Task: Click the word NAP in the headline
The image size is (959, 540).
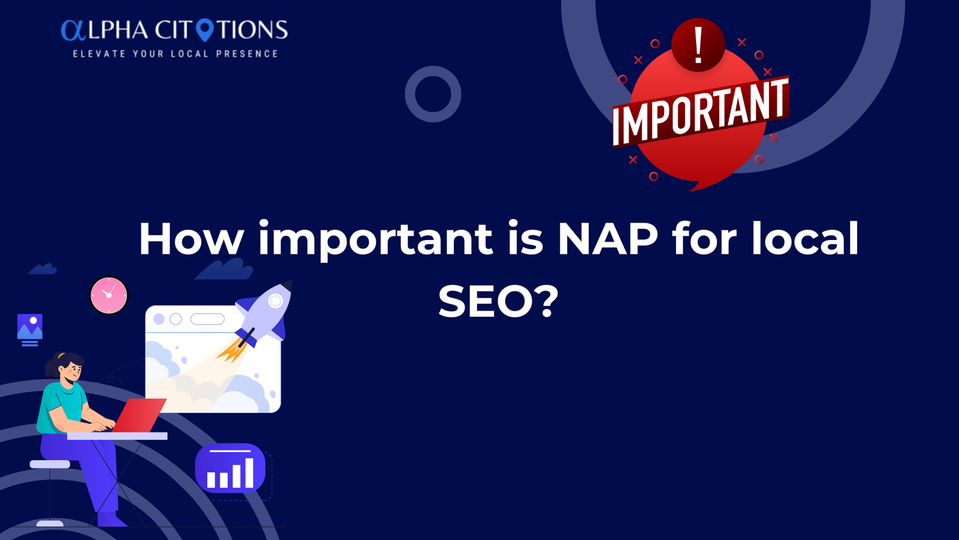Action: point(608,238)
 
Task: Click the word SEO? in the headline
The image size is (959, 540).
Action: point(498,301)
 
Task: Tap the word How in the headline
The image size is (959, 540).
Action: point(191,238)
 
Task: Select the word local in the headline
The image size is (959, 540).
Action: point(805,238)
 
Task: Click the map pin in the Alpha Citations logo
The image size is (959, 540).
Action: point(204,30)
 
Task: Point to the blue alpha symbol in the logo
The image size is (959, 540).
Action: point(74,30)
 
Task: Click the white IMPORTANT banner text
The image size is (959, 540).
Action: point(701,112)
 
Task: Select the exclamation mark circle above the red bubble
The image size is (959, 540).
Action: point(698,44)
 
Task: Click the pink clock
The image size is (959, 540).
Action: point(108,295)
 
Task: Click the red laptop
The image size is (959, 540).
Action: point(139,415)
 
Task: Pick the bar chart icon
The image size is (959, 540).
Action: point(230,468)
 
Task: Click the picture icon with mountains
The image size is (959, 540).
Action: point(30,329)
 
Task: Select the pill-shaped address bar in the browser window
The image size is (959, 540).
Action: point(207,319)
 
